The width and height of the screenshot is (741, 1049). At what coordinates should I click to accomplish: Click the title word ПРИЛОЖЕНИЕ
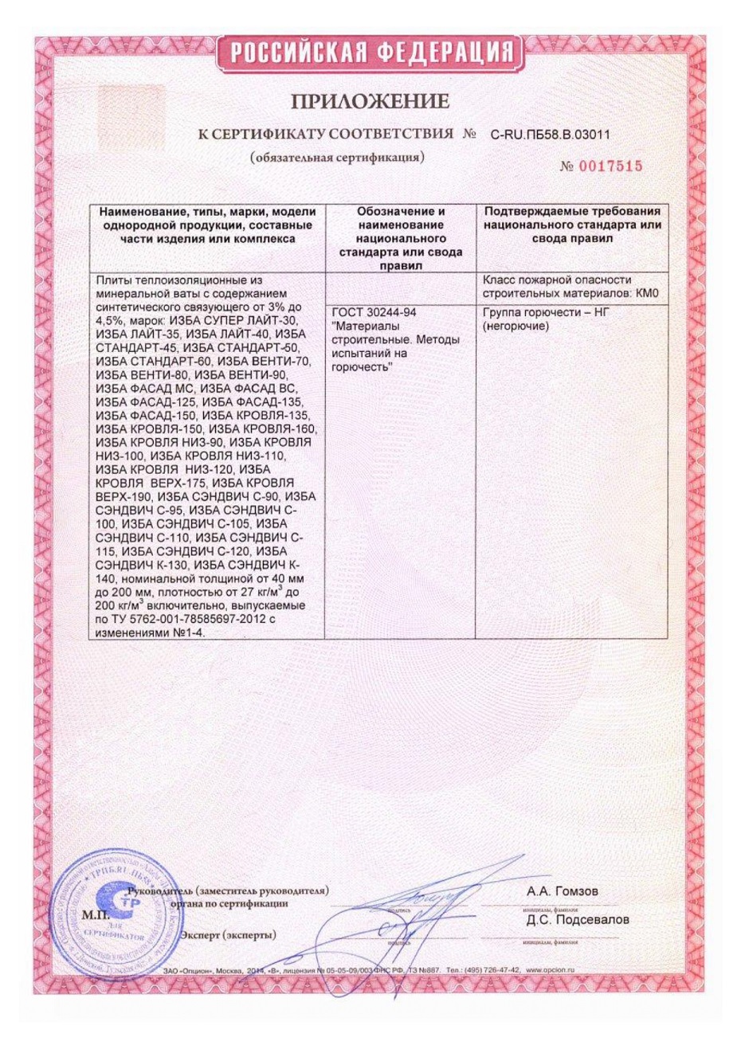[370, 101]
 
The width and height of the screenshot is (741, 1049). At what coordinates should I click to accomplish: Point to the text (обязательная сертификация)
[337, 157]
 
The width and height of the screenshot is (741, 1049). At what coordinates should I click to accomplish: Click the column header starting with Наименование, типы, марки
[206, 225]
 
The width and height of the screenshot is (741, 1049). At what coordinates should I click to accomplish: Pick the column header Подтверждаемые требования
[572, 225]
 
